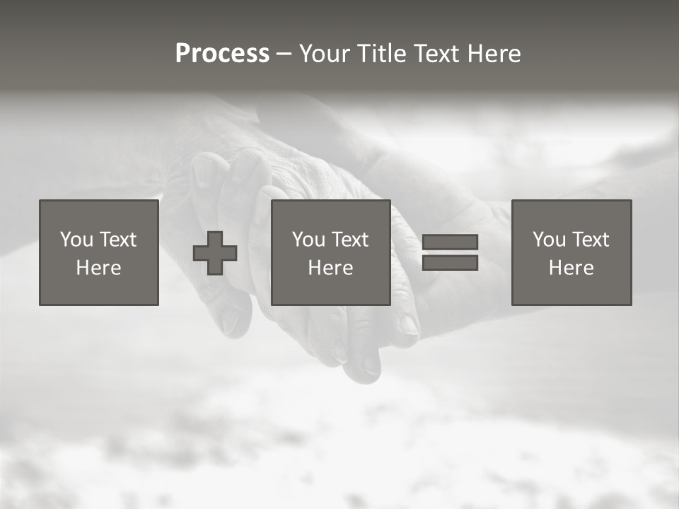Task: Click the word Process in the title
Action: pos(222,54)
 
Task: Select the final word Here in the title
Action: pos(495,54)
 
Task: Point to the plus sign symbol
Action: pos(215,253)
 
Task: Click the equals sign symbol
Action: pos(450,252)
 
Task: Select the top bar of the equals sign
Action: pos(450,242)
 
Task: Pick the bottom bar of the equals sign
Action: pos(450,262)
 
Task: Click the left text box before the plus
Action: pos(99,252)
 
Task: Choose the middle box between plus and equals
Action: pos(330,252)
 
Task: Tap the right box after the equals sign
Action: pos(571,252)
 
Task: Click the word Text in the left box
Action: pos(117,240)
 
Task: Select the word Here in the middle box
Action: pos(330,268)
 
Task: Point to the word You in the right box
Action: pos(549,240)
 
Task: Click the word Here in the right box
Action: pos(571,268)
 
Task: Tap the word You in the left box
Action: pos(76,240)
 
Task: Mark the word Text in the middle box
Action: pos(349,240)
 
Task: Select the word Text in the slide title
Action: pos(436,54)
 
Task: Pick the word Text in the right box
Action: pos(590,240)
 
